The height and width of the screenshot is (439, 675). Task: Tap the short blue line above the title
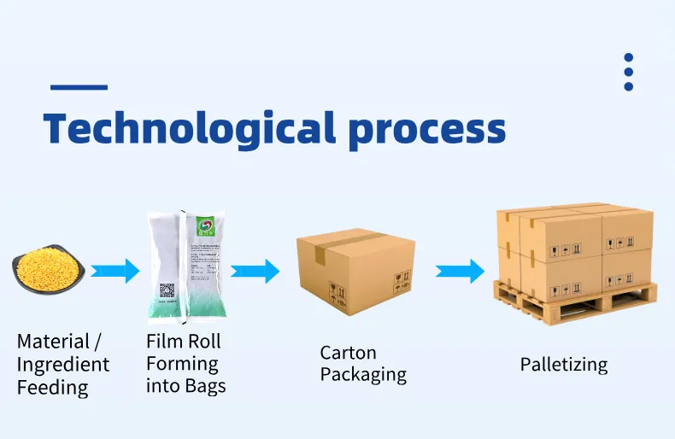click(x=79, y=86)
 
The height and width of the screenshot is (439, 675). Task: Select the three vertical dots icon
click(x=628, y=72)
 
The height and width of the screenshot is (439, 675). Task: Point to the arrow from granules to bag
click(x=115, y=272)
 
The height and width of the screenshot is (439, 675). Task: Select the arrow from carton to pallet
click(x=461, y=272)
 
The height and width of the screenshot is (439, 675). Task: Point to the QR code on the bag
click(x=167, y=290)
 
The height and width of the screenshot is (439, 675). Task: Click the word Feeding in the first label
click(x=52, y=388)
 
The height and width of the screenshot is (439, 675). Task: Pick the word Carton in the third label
click(x=348, y=352)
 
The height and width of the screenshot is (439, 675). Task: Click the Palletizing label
click(x=564, y=365)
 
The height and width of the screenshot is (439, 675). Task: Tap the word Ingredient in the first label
click(x=63, y=365)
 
